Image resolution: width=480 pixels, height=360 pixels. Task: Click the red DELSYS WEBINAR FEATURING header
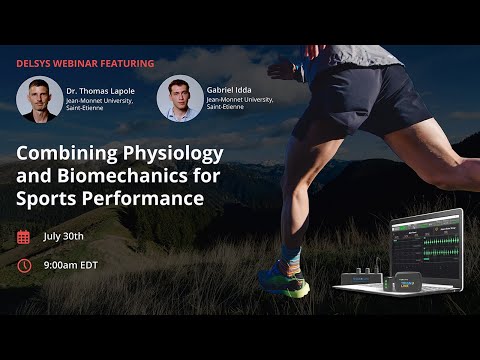85,63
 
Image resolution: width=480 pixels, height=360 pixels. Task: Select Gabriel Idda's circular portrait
179,99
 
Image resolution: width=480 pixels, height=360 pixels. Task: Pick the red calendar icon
24,237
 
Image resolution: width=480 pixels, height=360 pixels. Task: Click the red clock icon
24,266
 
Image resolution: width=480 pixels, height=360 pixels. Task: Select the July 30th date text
64,237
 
